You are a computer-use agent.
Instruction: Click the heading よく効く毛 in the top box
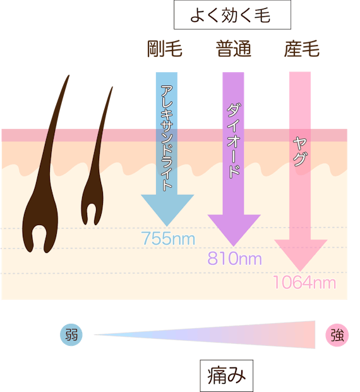230,15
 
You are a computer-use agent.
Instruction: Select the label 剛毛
164,49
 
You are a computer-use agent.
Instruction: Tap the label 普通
234,49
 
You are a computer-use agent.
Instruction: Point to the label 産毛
302,49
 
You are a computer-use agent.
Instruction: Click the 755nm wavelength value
168,238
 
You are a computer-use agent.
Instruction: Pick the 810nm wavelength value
234,259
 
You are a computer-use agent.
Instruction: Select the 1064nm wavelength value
304,283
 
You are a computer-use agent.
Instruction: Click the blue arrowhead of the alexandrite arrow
167,209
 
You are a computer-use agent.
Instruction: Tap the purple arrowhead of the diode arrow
234,229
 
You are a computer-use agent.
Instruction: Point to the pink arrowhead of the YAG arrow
301,254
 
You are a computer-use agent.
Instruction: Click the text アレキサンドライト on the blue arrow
167,138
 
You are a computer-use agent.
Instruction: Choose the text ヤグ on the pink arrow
300,152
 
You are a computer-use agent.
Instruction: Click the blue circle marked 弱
71,334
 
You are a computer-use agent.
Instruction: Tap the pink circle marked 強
337,335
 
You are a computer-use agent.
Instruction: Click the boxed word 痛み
227,376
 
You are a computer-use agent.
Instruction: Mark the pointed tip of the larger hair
69,75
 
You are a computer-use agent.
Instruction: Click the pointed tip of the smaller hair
112,87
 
